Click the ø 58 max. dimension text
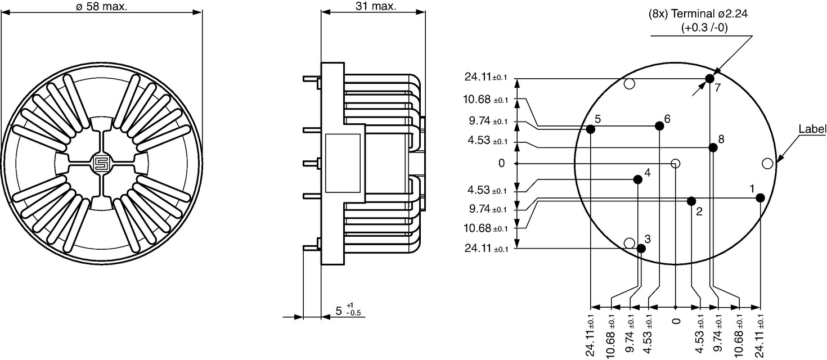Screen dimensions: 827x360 101,6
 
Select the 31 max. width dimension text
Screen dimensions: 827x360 376,6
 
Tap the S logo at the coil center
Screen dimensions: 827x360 100,163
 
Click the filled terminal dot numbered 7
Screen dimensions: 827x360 709,79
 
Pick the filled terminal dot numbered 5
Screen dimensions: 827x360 591,129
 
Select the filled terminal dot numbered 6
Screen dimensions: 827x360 659,126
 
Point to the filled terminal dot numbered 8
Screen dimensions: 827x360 713,148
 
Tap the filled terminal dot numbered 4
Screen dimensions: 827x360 637,179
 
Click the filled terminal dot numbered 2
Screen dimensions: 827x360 691,201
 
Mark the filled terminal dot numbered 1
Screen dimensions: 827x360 760,198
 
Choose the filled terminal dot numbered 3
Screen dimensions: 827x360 641,249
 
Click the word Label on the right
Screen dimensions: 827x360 812,129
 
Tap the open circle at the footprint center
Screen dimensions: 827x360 675,163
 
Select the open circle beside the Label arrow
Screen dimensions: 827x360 767,163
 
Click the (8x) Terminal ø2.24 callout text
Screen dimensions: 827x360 698,13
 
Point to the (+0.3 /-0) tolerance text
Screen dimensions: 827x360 704,28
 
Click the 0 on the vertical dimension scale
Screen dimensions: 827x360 501,163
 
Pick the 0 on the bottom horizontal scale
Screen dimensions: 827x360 676,321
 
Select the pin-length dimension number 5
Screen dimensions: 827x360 339,311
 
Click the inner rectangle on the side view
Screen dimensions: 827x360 343,163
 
